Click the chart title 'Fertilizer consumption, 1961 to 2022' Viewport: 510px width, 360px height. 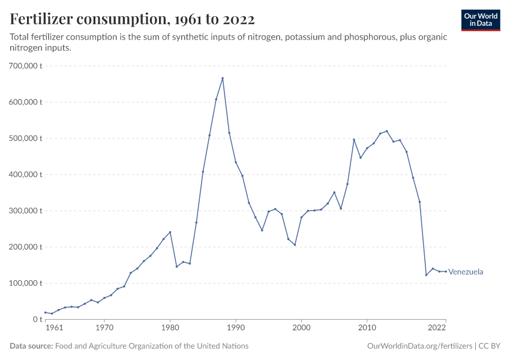click(132, 19)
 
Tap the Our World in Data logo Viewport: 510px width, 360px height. click(481, 20)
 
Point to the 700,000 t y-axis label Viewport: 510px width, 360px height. click(25, 65)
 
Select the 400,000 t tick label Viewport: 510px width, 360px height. click(25, 175)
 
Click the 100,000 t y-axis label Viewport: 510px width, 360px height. click(25, 283)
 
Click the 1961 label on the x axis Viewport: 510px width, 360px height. click(54, 328)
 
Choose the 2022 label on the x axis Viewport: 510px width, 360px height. click(436, 328)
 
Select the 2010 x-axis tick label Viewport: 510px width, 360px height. click(366, 328)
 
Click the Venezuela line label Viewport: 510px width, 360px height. click(466, 272)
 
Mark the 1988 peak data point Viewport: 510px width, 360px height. click(223, 78)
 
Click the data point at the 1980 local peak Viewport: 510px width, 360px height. click(170, 232)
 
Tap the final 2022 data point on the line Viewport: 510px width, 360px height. click(446, 271)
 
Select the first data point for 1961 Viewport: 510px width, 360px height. click(45, 313)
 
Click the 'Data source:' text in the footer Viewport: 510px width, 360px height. click(31, 346)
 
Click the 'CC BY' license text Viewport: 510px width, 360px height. click(490, 346)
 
